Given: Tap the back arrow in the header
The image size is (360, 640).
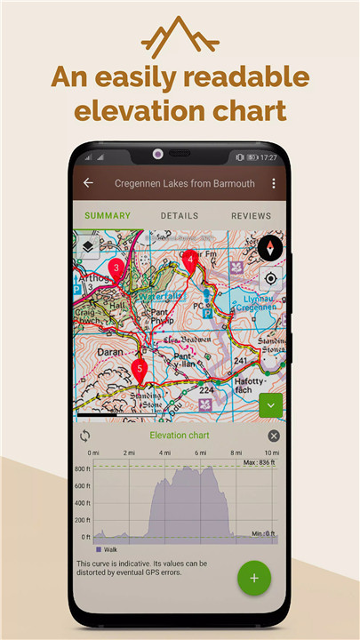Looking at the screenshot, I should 88,183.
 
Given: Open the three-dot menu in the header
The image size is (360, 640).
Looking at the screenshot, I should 274,183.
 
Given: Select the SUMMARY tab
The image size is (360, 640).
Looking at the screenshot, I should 108,216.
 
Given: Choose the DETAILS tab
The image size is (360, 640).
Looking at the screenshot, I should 180,216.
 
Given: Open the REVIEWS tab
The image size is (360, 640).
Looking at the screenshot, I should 251,216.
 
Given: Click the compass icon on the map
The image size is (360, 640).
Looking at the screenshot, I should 271,248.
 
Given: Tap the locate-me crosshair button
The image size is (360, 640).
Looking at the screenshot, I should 271,278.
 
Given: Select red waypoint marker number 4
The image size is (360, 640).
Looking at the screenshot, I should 189,260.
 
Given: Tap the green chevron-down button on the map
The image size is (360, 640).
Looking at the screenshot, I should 271,405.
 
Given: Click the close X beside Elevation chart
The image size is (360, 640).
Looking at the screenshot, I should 274,436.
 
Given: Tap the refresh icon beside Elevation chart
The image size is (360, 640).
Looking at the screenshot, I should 85,436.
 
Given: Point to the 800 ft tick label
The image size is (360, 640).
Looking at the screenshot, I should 83,468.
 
